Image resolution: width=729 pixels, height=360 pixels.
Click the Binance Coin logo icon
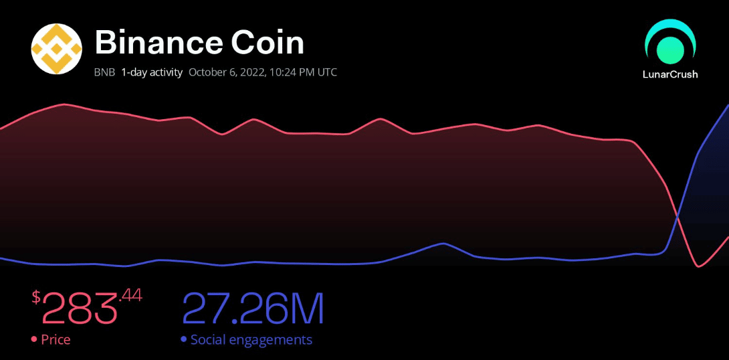click(x=57, y=49)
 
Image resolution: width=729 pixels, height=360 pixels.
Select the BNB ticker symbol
click(x=104, y=72)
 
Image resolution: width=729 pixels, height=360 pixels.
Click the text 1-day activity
click(x=152, y=72)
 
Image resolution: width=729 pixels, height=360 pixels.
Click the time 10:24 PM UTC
click(x=303, y=72)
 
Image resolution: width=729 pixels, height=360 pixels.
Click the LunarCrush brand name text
click(x=670, y=74)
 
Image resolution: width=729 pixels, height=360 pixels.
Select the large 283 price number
click(x=80, y=308)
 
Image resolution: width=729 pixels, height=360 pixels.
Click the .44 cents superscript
click(x=130, y=295)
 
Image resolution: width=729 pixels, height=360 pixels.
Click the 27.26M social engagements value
click(x=253, y=308)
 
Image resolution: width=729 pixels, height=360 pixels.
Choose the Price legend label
click(x=56, y=340)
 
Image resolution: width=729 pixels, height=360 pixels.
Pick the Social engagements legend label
click(x=251, y=340)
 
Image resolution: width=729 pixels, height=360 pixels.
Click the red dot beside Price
click(x=34, y=340)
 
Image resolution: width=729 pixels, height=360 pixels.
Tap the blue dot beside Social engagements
click(x=183, y=340)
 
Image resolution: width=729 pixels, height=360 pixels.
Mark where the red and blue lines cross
click(x=678, y=216)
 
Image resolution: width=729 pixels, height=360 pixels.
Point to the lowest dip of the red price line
click(x=699, y=266)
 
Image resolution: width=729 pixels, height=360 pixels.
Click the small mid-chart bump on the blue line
click(x=443, y=244)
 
